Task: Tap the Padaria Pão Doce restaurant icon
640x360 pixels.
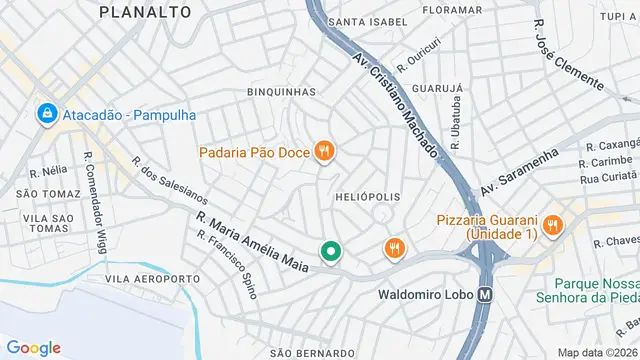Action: click(324, 152)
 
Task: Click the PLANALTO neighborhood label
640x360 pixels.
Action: click(146, 12)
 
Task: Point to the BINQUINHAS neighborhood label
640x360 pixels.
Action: click(281, 92)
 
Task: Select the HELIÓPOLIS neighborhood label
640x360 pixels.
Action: click(367, 197)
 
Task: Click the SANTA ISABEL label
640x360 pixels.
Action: click(368, 21)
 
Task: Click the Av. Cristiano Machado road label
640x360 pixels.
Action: click(396, 102)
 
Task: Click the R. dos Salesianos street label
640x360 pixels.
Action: click(169, 186)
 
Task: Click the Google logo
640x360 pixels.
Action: click(34, 347)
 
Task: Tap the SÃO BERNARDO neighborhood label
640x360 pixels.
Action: click(312, 352)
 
